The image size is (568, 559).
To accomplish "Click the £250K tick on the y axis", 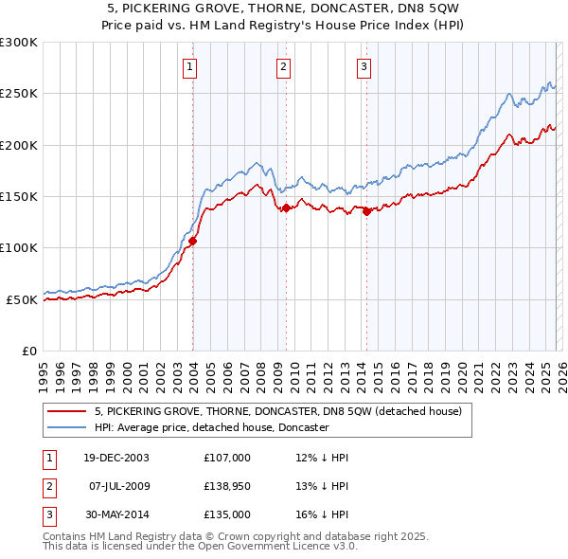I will click(18, 94).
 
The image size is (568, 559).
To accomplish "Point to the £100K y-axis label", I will click(18, 247).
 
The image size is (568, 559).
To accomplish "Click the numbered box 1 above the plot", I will click(191, 66).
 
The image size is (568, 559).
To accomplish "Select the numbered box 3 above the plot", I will click(364, 66).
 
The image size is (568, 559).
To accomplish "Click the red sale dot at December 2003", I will click(192, 241).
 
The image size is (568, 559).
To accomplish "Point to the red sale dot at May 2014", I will click(366, 212).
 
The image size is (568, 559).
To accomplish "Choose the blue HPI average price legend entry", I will click(210, 427).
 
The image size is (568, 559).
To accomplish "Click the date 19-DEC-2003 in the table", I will click(115, 458).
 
